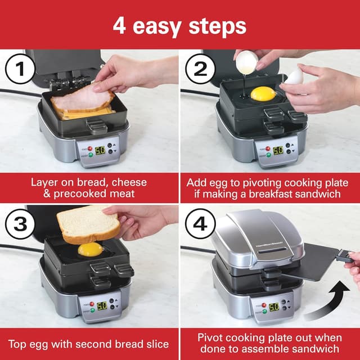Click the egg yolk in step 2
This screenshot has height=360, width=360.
pyautogui.click(x=263, y=93)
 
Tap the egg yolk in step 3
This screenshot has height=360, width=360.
pyautogui.click(x=90, y=249)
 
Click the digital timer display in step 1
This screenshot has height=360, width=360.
pyautogui.click(x=100, y=151)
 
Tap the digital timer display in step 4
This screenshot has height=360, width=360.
pyautogui.click(x=274, y=307)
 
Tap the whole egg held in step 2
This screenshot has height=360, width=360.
pyautogui.click(x=294, y=78)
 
